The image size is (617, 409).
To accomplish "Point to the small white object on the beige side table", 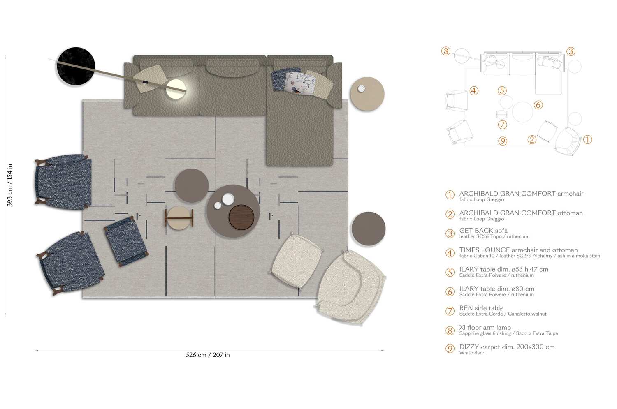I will coord(361,89).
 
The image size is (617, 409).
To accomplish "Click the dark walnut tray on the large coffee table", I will coord(241,217).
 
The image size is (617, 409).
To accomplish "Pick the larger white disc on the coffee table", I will coord(228,199).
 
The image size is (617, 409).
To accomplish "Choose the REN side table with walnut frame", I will coord(179,217).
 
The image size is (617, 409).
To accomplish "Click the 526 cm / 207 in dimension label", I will coord(208,355).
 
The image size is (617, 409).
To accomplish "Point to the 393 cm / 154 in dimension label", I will coord(9,185).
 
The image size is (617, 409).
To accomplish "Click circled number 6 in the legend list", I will coord(450,291).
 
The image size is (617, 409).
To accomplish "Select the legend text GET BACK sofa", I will coord(483,231).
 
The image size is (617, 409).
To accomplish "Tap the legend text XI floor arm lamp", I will coord(485,328).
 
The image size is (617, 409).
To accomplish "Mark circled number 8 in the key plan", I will coord(446,51).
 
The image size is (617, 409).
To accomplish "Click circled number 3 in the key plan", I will coord(571,51).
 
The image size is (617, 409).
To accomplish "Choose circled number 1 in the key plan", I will coord(587,139).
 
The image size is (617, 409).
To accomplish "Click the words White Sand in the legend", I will coord(472,353).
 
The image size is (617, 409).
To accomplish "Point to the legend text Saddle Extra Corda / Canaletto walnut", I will coord(503,314).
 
